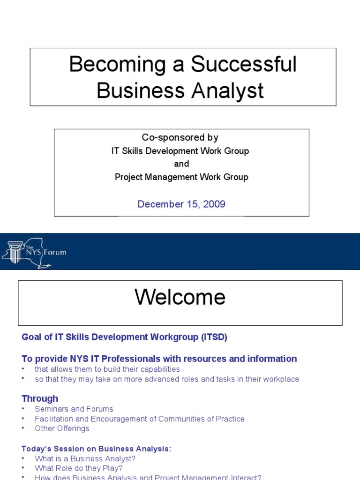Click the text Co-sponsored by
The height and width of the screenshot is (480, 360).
(x=180, y=137)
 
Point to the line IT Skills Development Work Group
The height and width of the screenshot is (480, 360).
(x=180, y=151)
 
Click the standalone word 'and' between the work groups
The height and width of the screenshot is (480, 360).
(x=181, y=164)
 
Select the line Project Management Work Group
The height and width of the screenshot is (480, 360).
(x=182, y=177)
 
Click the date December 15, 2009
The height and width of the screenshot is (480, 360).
(x=181, y=204)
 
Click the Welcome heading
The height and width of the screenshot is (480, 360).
(x=180, y=297)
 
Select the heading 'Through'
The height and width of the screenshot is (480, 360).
(x=40, y=398)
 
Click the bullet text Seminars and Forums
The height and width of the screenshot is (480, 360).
(x=74, y=409)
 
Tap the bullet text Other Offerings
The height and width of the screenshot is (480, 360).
(x=62, y=428)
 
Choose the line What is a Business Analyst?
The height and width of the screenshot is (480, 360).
(x=85, y=459)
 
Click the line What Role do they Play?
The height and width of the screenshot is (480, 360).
(x=78, y=468)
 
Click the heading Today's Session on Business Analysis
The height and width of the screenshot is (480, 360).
(x=97, y=449)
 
